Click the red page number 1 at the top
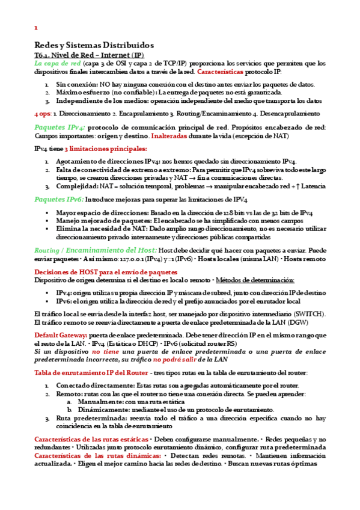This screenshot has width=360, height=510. click(36, 28)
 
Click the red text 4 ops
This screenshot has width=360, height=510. click(43, 112)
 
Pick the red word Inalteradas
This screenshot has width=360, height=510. click(170, 136)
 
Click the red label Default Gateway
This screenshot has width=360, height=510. click(61, 335)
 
